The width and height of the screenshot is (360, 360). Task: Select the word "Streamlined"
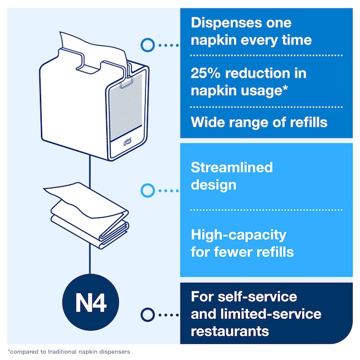pyautogui.click(x=232, y=168)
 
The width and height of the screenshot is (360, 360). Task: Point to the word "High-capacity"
pyautogui.click(x=238, y=235)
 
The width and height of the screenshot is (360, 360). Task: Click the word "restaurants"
pyautogui.click(x=230, y=331)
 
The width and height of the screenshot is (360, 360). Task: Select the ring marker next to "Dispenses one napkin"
pyautogui.click(x=148, y=44)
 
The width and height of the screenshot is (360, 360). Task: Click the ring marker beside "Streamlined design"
pyautogui.click(x=148, y=191)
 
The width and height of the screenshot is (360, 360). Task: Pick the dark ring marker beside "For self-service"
pyautogui.click(x=148, y=314)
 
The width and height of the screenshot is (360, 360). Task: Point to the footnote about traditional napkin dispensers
pyautogui.click(x=70, y=352)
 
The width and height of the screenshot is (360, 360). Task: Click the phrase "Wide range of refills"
pyautogui.click(x=259, y=122)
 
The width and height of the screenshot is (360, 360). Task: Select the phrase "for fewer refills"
pyautogui.click(x=242, y=252)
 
